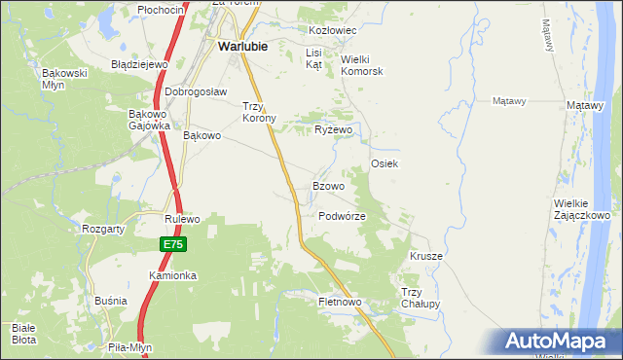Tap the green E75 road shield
173,244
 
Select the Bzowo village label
328,186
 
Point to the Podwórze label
342,216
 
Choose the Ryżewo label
333,129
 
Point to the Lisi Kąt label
313,58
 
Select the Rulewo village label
182,219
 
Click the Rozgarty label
102,229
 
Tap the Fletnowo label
340,303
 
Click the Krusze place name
426,256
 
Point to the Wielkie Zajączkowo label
581,208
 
